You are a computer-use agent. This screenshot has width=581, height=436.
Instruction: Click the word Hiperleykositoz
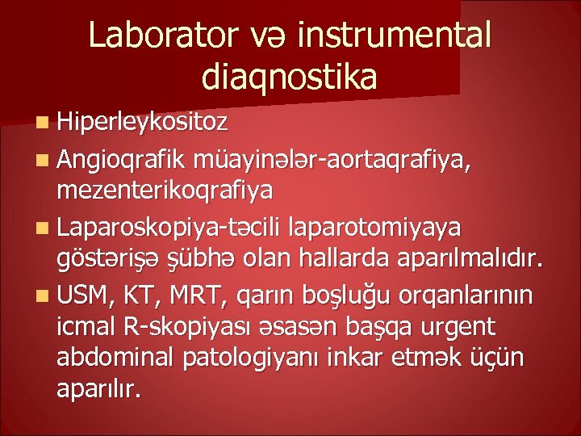[x=144, y=123]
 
